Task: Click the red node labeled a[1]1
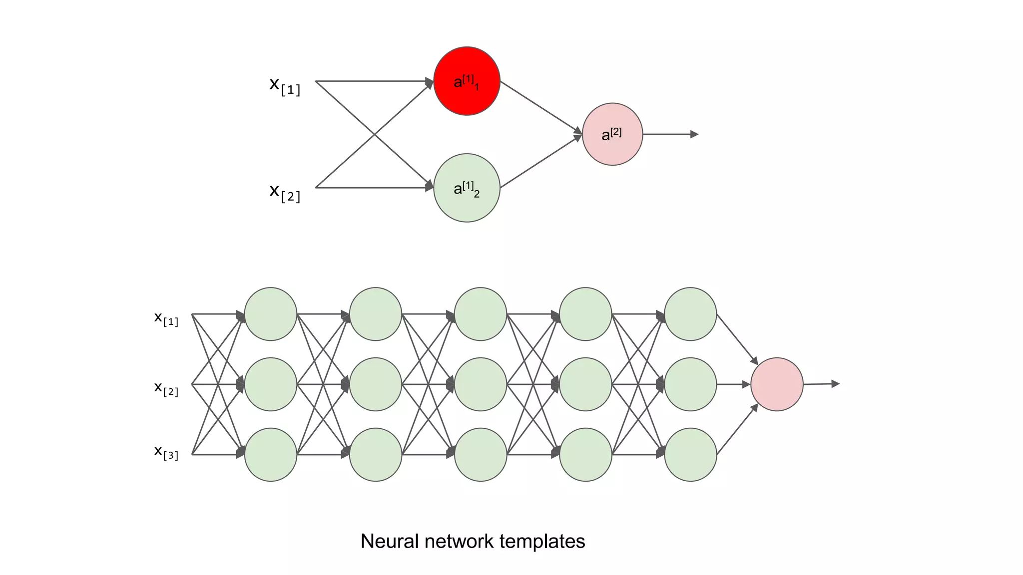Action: (x=467, y=81)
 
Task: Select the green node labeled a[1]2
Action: (x=467, y=188)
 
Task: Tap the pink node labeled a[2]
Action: (x=612, y=134)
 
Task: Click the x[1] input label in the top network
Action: (x=285, y=85)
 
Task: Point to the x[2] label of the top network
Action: (x=285, y=192)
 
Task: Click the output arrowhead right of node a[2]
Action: (x=694, y=134)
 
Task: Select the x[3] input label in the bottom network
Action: (x=166, y=452)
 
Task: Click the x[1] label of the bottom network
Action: (x=166, y=318)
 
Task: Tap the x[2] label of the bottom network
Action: (x=166, y=388)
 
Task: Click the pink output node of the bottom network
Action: (x=777, y=384)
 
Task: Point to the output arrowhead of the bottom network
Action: (x=835, y=384)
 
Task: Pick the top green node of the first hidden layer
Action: (x=271, y=314)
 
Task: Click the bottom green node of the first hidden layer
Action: (x=271, y=455)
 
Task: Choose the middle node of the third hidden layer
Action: (x=481, y=384)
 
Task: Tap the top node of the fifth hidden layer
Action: (x=690, y=314)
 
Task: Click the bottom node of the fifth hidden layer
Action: (x=690, y=455)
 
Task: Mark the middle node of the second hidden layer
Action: (x=376, y=384)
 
